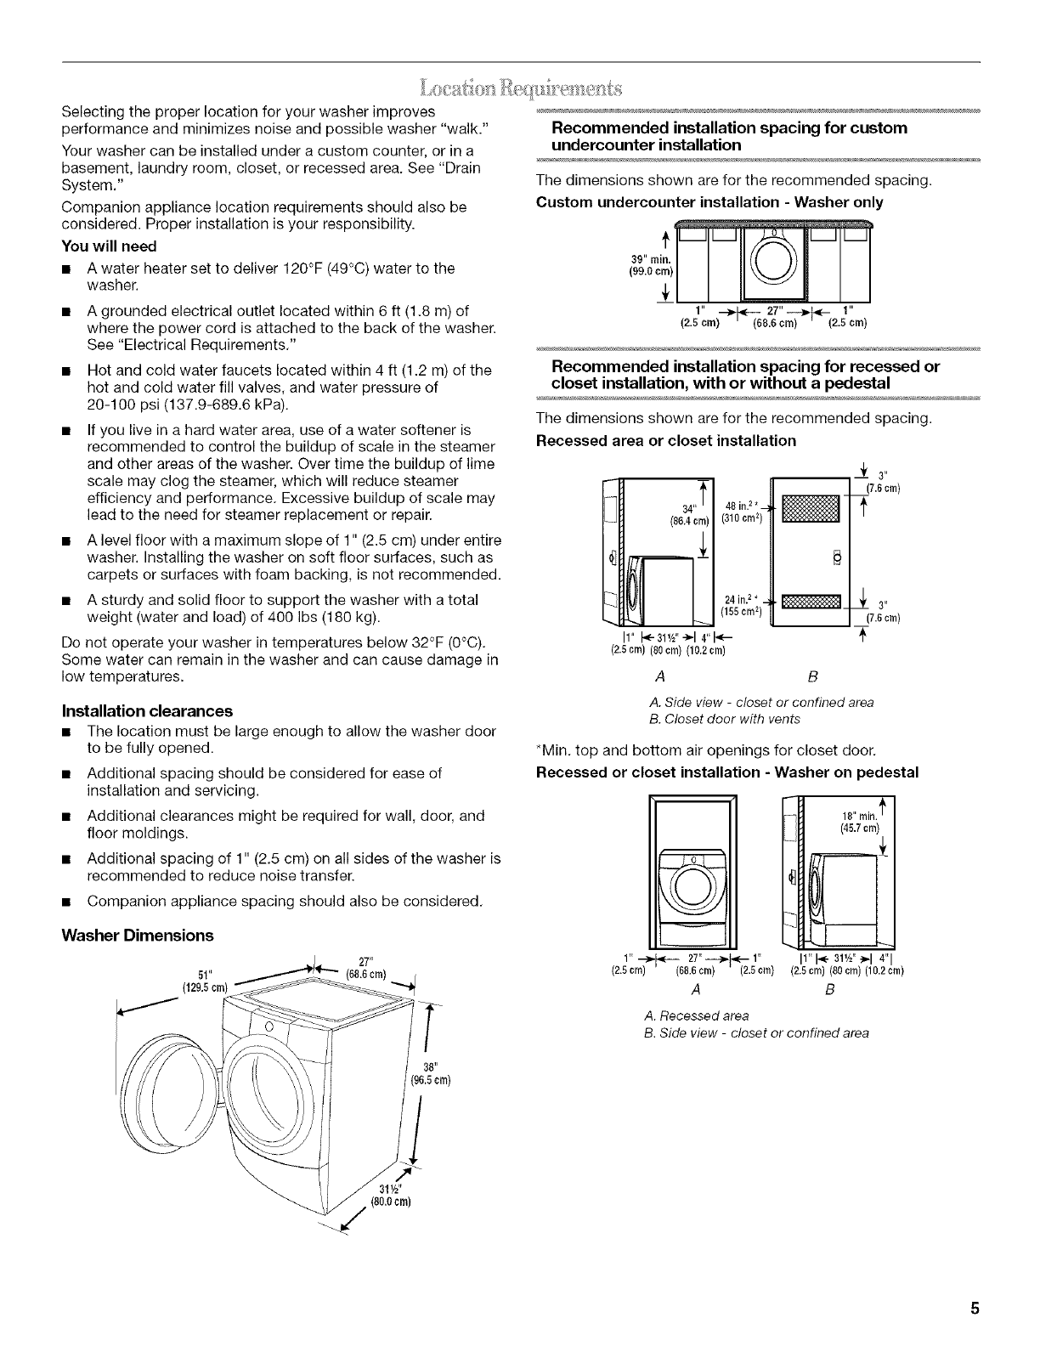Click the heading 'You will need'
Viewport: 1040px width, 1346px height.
110,246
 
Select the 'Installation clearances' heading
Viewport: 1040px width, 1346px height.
148,710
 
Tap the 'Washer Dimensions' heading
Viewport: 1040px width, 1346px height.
138,936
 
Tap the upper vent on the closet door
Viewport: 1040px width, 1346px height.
810,510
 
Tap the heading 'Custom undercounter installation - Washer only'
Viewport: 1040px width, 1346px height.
710,202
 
